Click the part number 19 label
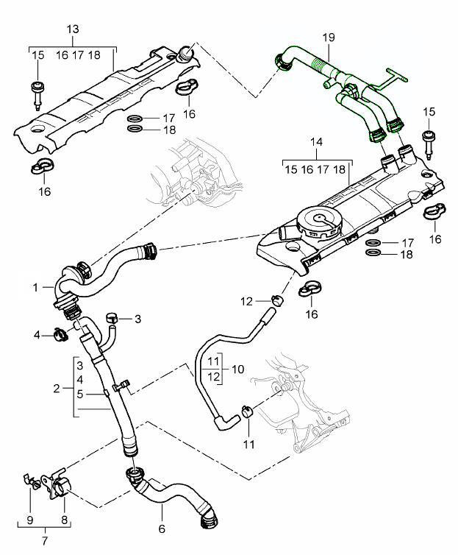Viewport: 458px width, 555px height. coord(328,36)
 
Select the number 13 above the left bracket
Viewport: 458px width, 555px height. coord(72,29)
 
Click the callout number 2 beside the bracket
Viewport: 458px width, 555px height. coord(56,386)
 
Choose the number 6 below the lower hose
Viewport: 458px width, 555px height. coord(161,529)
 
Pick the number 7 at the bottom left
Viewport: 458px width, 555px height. coord(46,542)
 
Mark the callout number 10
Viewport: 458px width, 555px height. coord(237,368)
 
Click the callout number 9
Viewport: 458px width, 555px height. coord(30,520)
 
